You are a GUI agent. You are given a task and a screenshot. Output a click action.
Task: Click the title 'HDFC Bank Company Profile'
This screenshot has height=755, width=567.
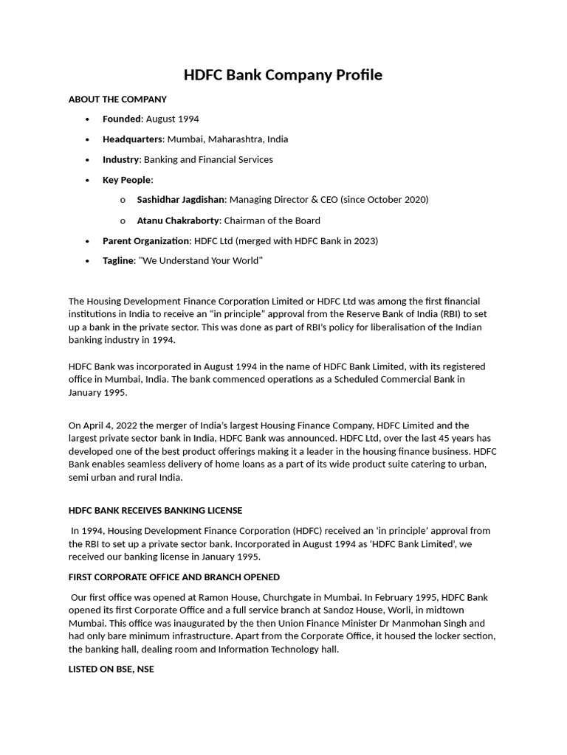(283, 75)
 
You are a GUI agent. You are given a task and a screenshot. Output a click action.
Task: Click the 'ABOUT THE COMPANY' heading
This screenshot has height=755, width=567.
(117, 99)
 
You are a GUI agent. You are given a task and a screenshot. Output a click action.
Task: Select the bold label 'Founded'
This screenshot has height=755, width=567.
(121, 119)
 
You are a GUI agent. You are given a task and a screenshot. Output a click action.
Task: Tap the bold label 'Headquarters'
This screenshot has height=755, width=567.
(133, 139)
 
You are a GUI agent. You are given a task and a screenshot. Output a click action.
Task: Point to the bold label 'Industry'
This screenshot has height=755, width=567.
(120, 159)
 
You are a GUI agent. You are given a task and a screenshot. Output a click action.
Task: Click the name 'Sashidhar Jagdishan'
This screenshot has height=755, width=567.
(180, 200)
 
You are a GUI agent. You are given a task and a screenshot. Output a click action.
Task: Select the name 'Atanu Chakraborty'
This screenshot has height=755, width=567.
(178, 220)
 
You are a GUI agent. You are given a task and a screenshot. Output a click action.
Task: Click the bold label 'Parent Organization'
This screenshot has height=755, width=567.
(145, 241)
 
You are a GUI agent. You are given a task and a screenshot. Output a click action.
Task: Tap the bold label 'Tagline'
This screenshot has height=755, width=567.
(119, 261)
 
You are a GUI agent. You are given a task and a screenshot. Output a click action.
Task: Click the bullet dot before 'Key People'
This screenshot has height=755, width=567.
(88, 180)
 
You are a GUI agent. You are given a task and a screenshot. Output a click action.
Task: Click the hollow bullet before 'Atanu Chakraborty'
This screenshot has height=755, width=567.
(123, 221)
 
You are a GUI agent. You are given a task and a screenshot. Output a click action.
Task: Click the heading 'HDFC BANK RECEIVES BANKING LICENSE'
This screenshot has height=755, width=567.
(155, 510)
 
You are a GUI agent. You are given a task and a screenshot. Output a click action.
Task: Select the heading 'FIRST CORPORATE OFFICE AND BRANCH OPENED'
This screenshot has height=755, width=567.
(174, 577)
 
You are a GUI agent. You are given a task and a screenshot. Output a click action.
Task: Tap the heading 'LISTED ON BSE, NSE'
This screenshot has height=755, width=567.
(111, 669)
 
